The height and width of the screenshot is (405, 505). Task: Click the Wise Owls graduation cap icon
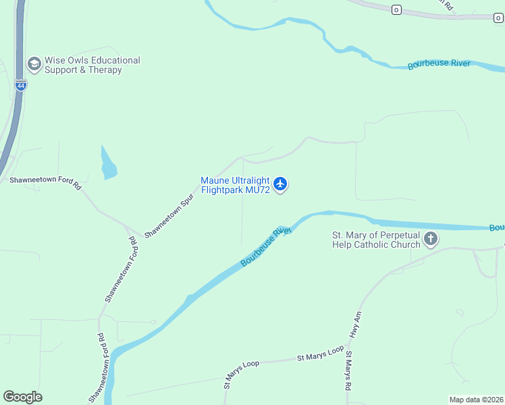34,64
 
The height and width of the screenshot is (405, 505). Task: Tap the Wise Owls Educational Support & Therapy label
92,65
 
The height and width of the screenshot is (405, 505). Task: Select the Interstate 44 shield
21,86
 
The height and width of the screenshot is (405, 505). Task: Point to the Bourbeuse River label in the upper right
439,65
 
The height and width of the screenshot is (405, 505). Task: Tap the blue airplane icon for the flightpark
280,184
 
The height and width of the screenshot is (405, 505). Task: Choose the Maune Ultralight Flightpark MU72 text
235,185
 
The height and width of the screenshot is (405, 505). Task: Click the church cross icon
431,239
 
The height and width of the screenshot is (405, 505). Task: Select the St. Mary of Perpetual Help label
375,240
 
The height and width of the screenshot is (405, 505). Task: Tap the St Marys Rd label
348,371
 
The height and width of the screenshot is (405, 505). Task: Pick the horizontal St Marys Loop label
321,357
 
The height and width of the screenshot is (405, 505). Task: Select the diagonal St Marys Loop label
241,374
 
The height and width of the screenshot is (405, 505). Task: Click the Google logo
22,397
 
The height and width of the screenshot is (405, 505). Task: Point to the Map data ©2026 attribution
476,400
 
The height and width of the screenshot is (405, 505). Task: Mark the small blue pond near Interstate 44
107,163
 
